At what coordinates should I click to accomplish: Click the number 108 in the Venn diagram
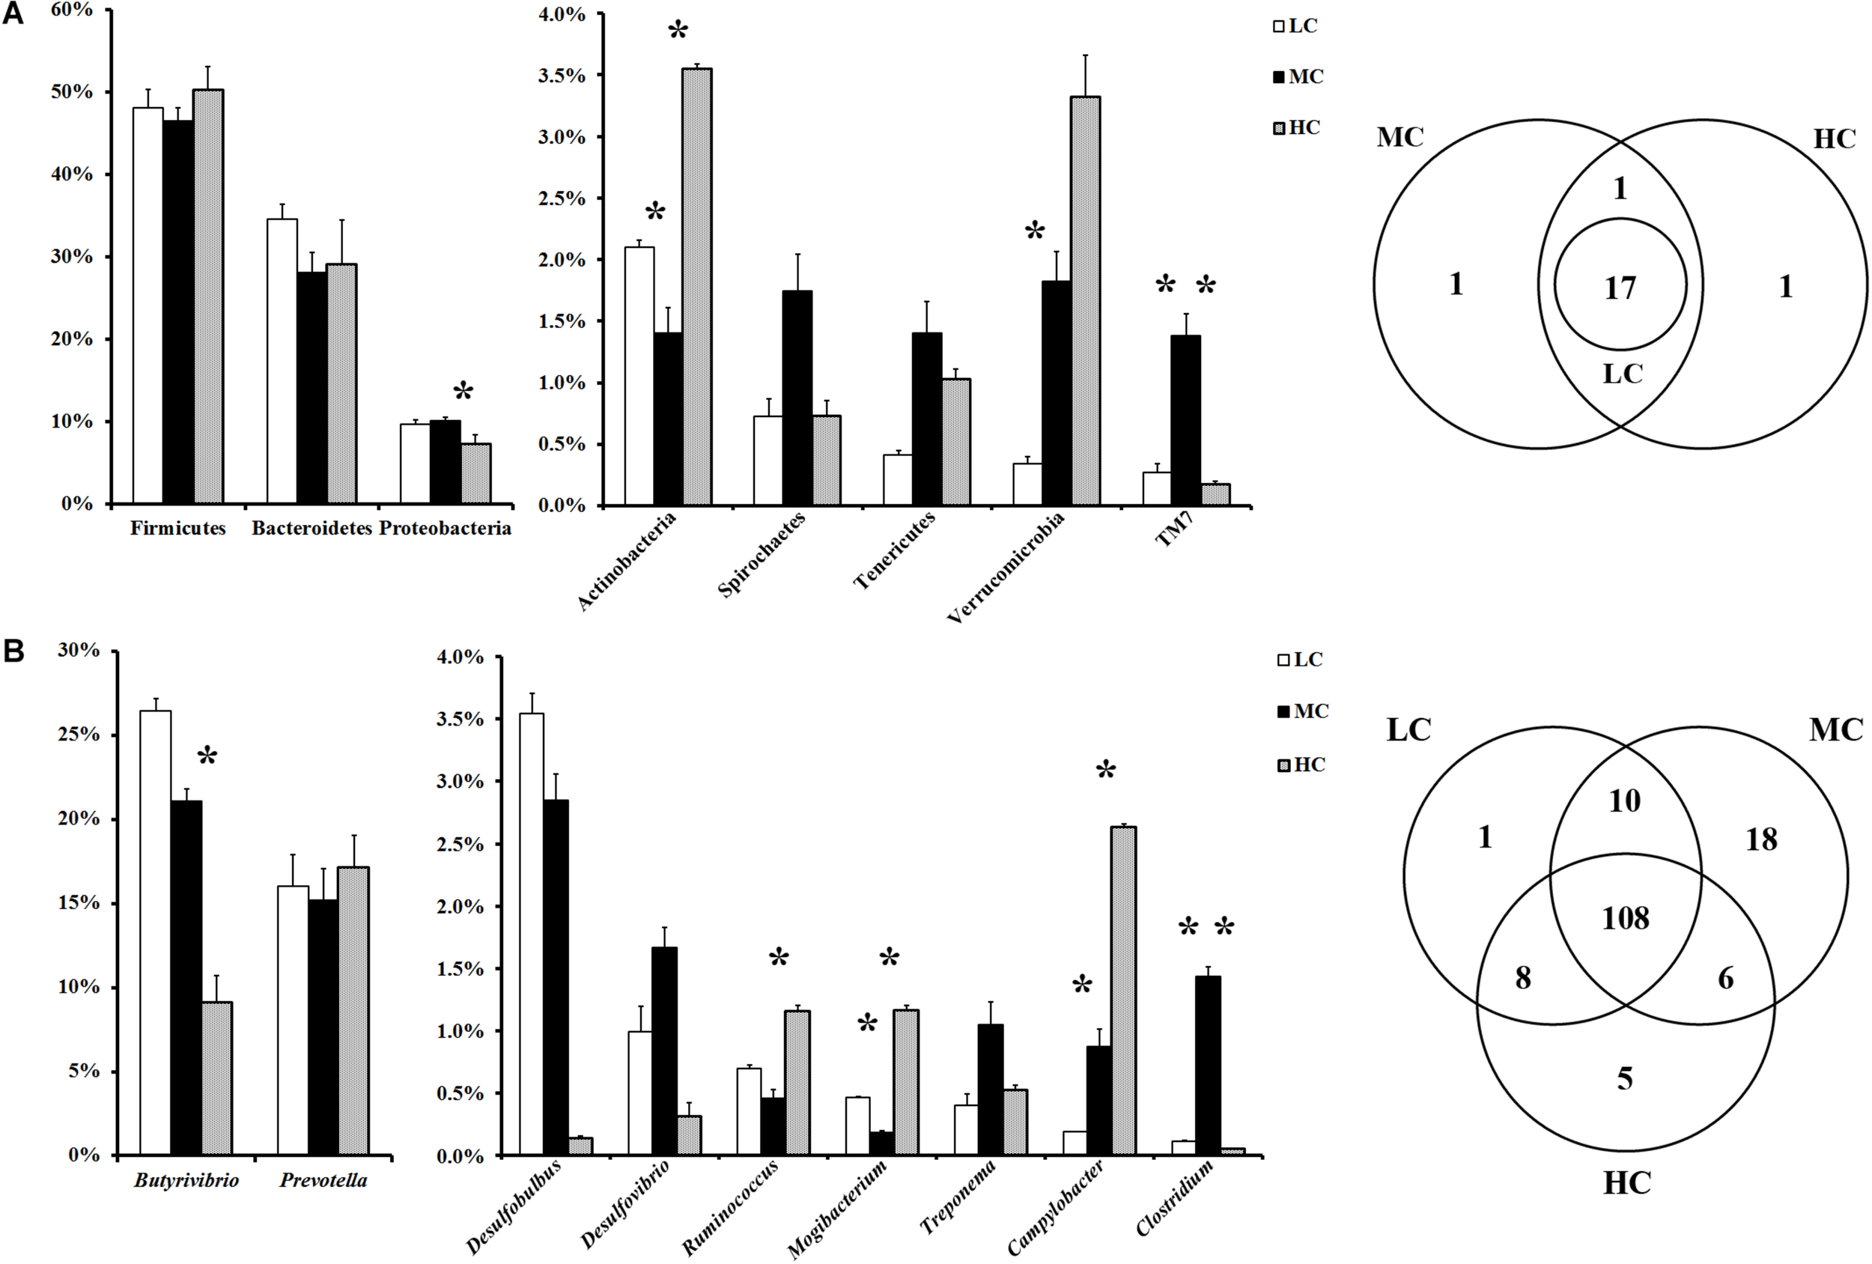pyautogui.click(x=1625, y=918)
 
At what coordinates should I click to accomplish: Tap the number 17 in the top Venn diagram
pyautogui.click(x=1620, y=288)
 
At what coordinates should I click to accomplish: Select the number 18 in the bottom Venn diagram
pyautogui.click(x=1761, y=839)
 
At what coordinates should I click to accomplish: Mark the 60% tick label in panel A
pyautogui.click(x=72, y=10)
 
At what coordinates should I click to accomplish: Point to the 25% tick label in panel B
pyautogui.click(x=78, y=735)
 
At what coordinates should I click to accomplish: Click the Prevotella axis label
pyautogui.click(x=323, y=1180)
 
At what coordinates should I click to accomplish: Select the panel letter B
pyautogui.click(x=13, y=651)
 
